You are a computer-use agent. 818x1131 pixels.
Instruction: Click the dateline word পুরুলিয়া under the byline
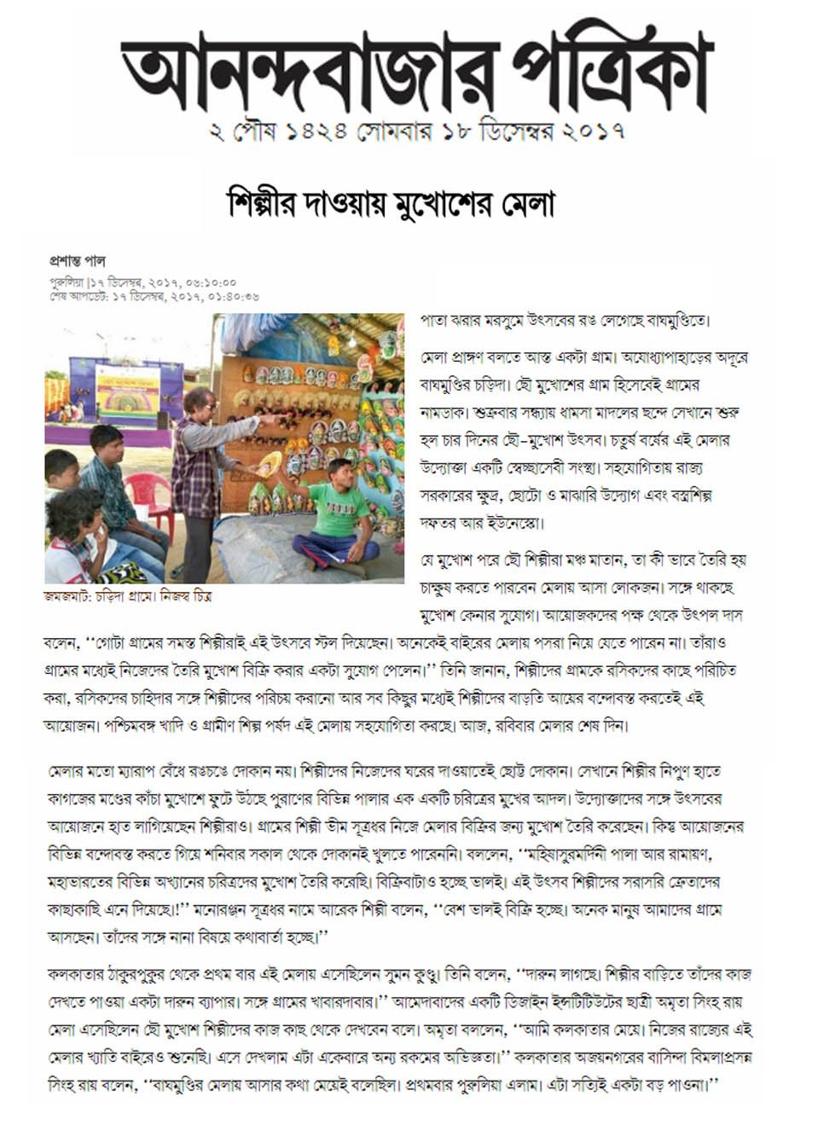coord(67,281)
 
